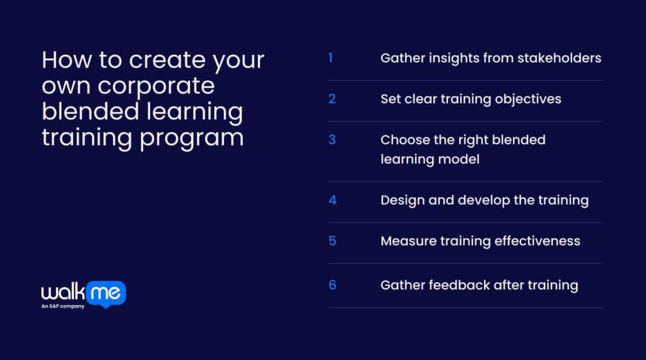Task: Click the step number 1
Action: click(x=331, y=58)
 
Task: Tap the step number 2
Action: click(x=332, y=99)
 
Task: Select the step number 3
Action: click(x=332, y=140)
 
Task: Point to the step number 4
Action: click(x=332, y=200)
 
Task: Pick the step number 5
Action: click(x=332, y=241)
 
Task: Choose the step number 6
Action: click(x=332, y=285)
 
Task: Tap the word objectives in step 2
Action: click(x=528, y=99)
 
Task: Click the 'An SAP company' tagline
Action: click(x=63, y=306)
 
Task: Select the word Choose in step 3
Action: click(x=404, y=140)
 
